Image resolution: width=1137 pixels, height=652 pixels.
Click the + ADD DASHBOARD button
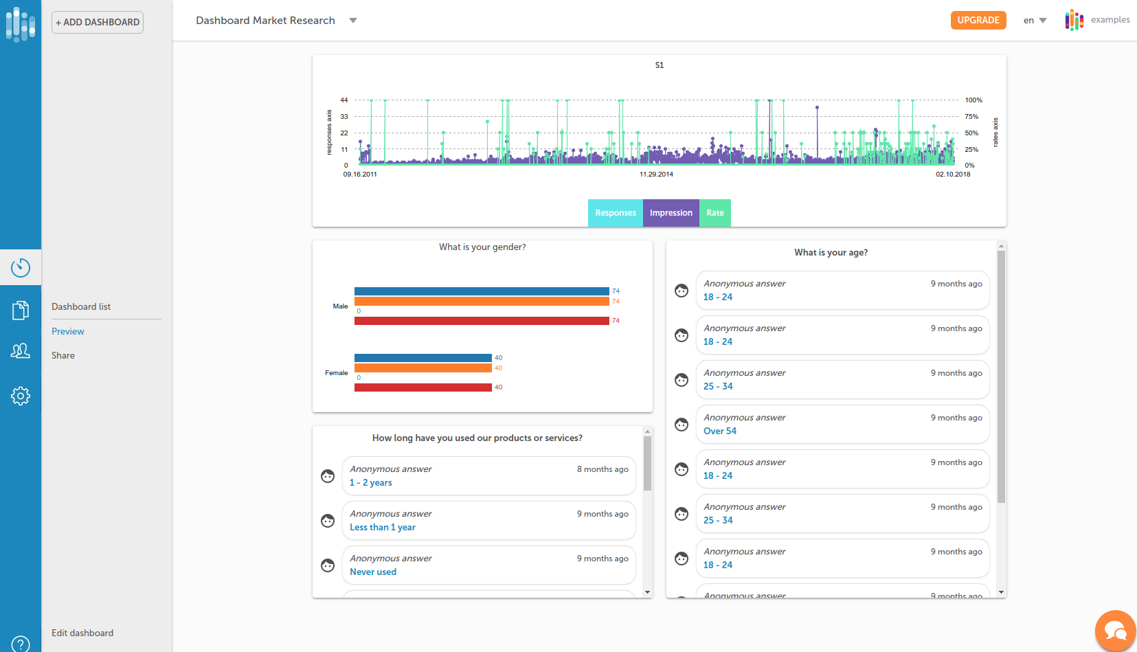[x=98, y=22]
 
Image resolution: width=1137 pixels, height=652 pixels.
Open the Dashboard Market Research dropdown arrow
[x=353, y=21]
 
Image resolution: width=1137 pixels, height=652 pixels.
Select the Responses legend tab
[x=615, y=213]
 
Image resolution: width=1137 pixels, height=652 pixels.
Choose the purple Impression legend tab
[x=671, y=213]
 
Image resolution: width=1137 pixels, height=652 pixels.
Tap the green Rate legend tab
[x=714, y=213]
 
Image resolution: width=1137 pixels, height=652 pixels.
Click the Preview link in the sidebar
[x=68, y=331]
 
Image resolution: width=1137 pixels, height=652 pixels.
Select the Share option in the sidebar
[x=63, y=355]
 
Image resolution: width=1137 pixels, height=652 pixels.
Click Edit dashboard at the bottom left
[x=82, y=633]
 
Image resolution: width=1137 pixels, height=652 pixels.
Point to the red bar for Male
[x=481, y=321]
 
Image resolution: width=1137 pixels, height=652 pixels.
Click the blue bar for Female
[x=423, y=358]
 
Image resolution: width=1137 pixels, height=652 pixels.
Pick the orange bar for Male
[x=481, y=301]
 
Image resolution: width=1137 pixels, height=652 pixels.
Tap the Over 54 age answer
[x=720, y=431]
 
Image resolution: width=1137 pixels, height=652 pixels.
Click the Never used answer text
[x=373, y=572]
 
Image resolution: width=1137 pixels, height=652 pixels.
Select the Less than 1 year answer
[x=383, y=527]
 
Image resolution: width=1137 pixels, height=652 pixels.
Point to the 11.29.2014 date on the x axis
[x=656, y=175]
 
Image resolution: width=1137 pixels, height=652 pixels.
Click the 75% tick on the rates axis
[x=971, y=117]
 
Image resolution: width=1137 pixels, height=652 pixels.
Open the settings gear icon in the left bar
[x=21, y=396]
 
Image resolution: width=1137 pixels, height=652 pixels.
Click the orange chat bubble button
[x=1115, y=631]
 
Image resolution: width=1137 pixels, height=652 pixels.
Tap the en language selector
[x=1035, y=21]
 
